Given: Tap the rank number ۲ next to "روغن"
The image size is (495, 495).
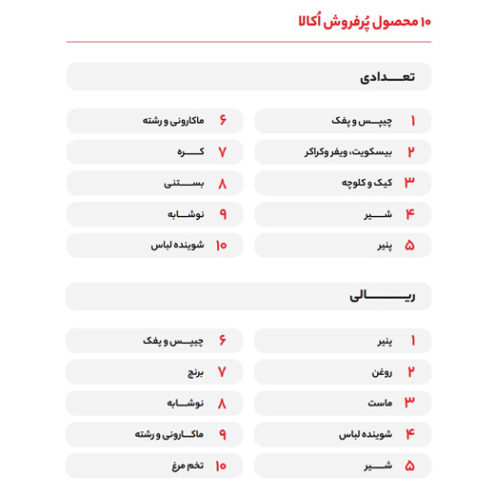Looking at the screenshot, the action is pyautogui.click(x=412, y=371).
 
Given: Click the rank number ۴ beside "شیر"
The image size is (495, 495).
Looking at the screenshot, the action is pyautogui.click(x=411, y=214).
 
